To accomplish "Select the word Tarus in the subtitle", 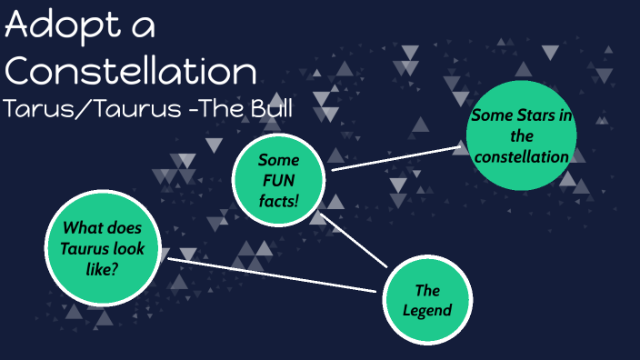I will pyautogui.click(x=35, y=109).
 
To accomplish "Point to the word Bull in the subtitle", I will pyautogui.click(x=271, y=109).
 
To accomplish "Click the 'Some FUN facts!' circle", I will pyautogui.click(x=278, y=177).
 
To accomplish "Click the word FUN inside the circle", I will pyautogui.click(x=278, y=178).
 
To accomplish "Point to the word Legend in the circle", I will pyautogui.click(x=427, y=311).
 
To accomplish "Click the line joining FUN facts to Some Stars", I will pyautogui.click(x=396, y=155).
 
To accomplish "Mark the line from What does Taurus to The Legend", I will pyautogui.click(x=273, y=275).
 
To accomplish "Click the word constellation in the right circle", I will pyautogui.click(x=521, y=157).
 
